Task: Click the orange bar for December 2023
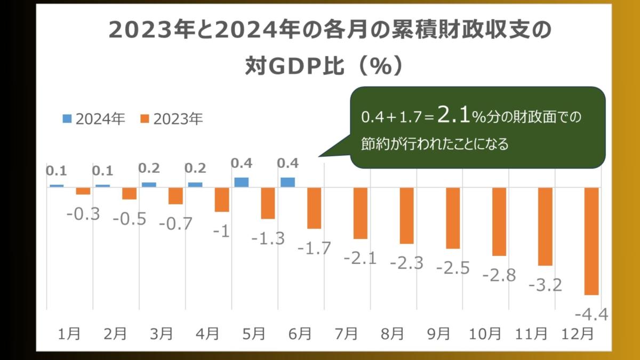coord(591,241)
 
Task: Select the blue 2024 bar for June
coord(288,182)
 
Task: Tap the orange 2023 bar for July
coord(361,213)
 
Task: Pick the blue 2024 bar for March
coord(149,185)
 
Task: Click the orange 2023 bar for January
coord(83,191)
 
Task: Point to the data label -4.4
coord(593,315)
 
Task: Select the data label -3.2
coord(545,285)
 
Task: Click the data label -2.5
coord(453,268)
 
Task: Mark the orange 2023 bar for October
coord(499,222)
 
